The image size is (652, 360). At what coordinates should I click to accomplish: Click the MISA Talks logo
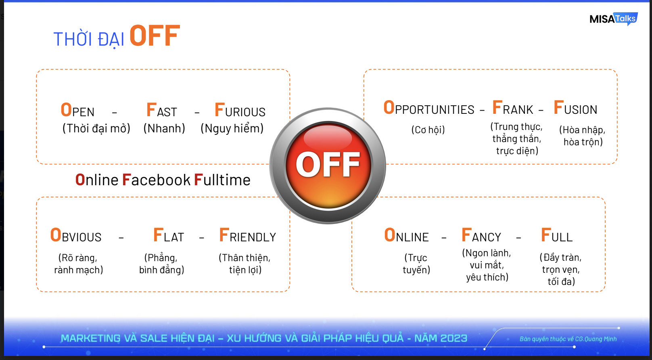pyautogui.click(x=614, y=19)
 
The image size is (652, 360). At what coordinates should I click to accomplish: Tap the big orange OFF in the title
pyautogui.click(x=155, y=36)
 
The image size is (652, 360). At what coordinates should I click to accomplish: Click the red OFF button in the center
pyautogui.click(x=328, y=165)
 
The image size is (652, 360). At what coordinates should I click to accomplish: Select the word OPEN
pyautogui.click(x=77, y=110)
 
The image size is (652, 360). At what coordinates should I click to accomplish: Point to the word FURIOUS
pyautogui.click(x=240, y=110)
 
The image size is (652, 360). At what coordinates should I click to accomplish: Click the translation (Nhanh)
pyautogui.click(x=165, y=128)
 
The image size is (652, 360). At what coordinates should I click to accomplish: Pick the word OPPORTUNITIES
pyautogui.click(x=429, y=108)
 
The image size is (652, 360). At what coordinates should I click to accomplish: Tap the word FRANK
pyautogui.click(x=512, y=108)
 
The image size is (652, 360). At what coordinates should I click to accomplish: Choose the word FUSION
pyautogui.click(x=575, y=108)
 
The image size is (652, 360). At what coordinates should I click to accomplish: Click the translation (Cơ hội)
pyautogui.click(x=428, y=130)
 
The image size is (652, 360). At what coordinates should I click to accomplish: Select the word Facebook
pyautogui.click(x=156, y=180)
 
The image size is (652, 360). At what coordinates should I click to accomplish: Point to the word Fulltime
pyautogui.click(x=222, y=180)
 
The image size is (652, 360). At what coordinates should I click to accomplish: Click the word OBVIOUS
pyautogui.click(x=76, y=235)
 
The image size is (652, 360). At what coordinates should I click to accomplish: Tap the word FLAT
pyautogui.click(x=169, y=235)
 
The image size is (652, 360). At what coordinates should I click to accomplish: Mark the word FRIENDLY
pyautogui.click(x=247, y=235)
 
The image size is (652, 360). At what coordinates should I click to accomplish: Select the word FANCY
pyautogui.click(x=481, y=235)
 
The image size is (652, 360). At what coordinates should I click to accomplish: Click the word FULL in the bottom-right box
pyautogui.click(x=557, y=235)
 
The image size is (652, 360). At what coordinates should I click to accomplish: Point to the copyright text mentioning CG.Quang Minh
pyautogui.click(x=568, y=339)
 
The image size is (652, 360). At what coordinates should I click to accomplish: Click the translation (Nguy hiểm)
pyautogui.click(x=232, y=128)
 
